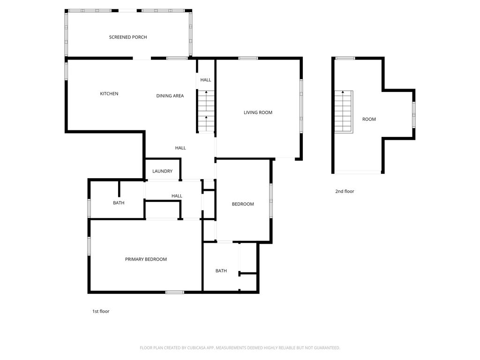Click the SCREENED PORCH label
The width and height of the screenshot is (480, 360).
tap(128, 37)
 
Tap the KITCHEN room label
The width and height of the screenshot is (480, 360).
tap(109, 94)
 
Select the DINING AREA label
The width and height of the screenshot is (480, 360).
tap(170, 96)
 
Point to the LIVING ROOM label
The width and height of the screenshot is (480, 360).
tap(258, 112)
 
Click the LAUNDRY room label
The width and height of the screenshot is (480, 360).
tap(162, 171)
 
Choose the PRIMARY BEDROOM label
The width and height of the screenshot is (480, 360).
tap(146, 259)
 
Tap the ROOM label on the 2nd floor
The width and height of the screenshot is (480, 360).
tap(369, 119)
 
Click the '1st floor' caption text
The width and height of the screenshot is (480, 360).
tap(101, 311)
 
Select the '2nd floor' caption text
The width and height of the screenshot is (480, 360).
tap(345, 191)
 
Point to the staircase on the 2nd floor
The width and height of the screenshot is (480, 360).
tap(343, 112)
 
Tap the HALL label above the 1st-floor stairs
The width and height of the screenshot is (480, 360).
tap(206, 80)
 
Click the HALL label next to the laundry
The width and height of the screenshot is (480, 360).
tap(180, 148)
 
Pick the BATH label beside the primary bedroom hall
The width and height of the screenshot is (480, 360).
tap(119, 203)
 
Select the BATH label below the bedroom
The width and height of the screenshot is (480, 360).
tap(221, 270)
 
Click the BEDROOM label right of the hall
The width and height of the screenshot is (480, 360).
tap(243, 204)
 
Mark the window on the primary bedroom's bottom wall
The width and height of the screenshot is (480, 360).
tap(175, 292)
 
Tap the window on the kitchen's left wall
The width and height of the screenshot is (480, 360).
tap(66, 70)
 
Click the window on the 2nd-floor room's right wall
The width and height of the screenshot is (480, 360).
tap(413, 114)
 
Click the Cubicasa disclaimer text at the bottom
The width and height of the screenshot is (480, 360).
tap(240, 348)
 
